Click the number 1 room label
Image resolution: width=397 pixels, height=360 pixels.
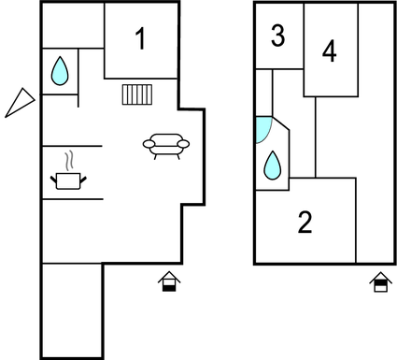[140, 39]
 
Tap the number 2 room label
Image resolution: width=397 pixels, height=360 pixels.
[305, 223]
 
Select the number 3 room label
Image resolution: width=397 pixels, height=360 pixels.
[277, 36]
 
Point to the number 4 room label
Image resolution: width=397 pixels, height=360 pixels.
[329, 51]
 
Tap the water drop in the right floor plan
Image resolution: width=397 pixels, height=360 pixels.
[274, 166]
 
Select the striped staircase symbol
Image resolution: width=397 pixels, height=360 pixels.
[137, 94]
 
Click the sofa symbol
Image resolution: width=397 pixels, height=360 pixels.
[166, 144]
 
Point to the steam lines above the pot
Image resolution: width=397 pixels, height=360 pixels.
[67, 158]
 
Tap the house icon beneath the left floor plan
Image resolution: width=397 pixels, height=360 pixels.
[169, 281]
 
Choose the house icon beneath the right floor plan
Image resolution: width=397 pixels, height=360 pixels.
[380, 281]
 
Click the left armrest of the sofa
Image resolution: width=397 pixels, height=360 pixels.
[149, 143]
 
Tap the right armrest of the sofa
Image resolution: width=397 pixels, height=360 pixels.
[184, 143]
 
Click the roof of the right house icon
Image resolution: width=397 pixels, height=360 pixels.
[380, 276]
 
